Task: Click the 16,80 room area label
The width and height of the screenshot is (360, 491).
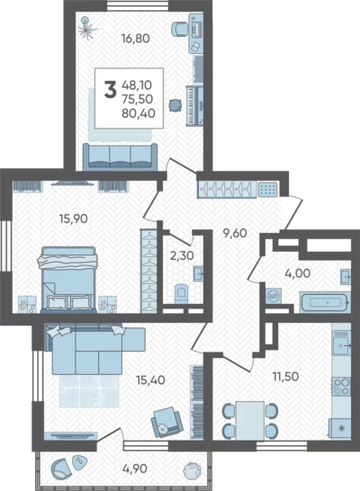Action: (136, 39)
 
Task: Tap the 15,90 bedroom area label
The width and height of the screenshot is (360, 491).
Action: (73, 219)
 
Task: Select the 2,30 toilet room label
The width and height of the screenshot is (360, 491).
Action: (182, 255)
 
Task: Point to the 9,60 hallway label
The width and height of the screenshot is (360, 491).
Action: (235, 233)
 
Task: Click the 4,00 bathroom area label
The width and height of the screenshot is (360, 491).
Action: (297, 273)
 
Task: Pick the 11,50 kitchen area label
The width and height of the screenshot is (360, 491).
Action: (285, 377)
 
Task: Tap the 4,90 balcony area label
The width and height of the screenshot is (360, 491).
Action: (134, 469)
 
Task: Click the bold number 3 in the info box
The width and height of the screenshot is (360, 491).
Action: (110, 90)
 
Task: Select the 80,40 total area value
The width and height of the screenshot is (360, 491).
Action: (139, 113)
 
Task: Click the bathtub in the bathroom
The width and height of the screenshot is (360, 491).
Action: (325, 302)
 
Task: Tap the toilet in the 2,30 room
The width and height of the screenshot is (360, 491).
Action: (182, 293)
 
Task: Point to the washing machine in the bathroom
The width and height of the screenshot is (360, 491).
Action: (274, 296)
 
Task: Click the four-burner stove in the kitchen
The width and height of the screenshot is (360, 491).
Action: (341, 387)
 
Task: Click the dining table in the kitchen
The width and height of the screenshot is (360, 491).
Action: (250, 421)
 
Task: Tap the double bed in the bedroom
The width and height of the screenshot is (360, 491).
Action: (68, 280)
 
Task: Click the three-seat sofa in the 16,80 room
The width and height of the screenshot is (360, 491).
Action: (121, 156)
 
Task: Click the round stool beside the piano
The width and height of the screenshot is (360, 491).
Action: (175, 105)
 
